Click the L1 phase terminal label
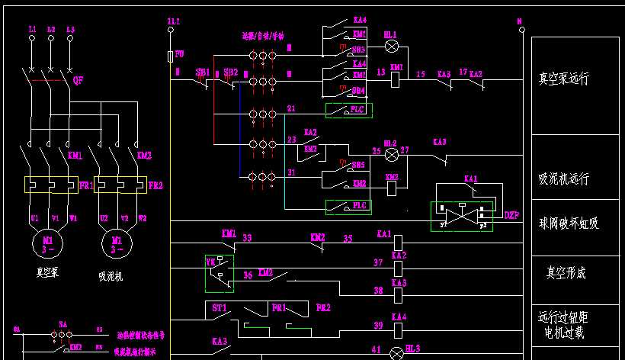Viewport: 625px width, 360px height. click(32, 29)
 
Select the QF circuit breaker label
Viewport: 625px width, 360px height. click(78, 79)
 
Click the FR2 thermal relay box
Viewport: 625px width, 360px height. click(119, 185)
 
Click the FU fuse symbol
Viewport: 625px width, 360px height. click(170, 56)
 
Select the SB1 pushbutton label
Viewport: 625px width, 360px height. click(203, 72)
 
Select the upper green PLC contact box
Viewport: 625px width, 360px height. click(348, 111)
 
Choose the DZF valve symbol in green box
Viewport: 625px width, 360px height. click(462, 217)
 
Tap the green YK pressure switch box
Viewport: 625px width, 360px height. click(219, 273)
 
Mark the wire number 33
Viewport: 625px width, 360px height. click(247, 238)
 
